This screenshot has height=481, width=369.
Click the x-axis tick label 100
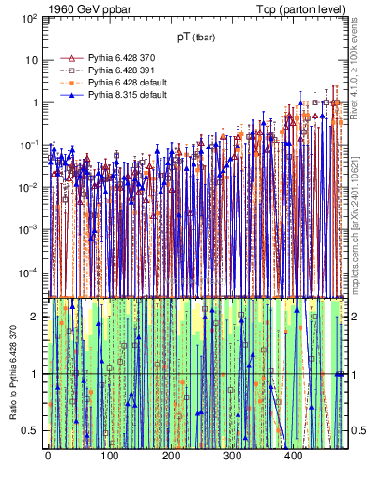click(109, 458)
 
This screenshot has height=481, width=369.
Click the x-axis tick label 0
click(48, 458)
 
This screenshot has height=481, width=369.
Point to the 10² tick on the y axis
click(30, 18)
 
